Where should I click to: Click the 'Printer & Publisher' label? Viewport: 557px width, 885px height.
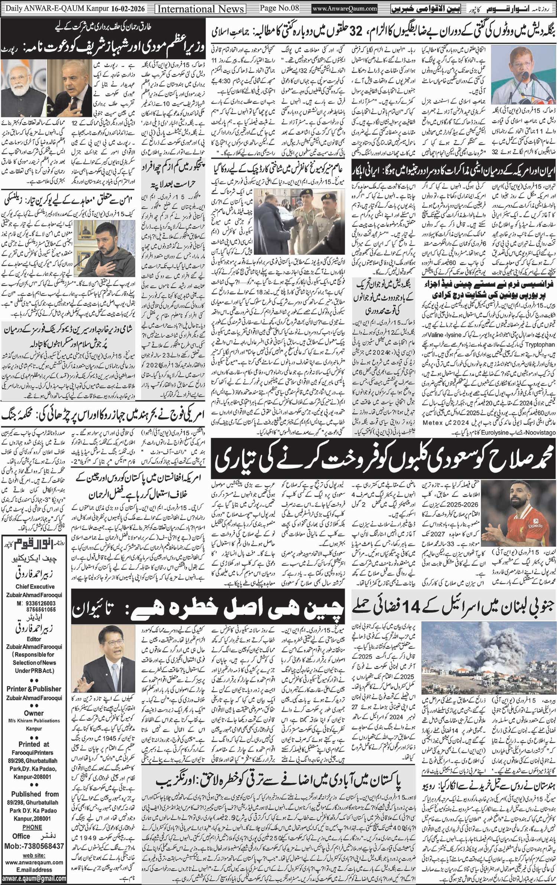tap(34, 688)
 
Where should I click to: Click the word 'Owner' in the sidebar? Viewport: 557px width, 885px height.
tap(34, 713)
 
